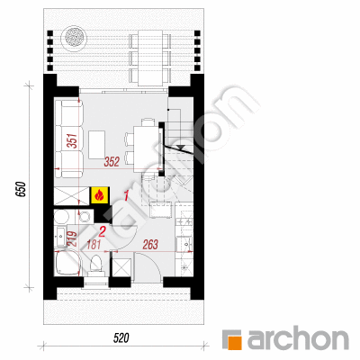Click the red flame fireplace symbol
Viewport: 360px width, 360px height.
99,196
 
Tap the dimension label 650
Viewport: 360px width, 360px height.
21,189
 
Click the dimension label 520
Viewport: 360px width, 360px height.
121,338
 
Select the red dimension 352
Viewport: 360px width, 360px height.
112,162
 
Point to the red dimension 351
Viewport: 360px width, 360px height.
72,141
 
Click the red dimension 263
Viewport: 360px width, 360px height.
150,245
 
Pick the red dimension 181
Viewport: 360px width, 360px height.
94,245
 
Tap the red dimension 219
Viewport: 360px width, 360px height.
72,239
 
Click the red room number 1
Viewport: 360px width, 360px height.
126,196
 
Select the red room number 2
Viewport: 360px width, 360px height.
102,232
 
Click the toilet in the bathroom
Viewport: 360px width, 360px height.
96,265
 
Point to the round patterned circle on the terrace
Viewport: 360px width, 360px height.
74,38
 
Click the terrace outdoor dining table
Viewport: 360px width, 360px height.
150,58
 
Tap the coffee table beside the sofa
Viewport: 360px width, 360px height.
96,145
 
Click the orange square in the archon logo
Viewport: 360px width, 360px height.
235,342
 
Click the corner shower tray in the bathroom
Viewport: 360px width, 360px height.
67,262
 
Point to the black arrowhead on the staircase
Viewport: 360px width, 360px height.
181,148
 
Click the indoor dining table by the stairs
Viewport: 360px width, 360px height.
144,149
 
